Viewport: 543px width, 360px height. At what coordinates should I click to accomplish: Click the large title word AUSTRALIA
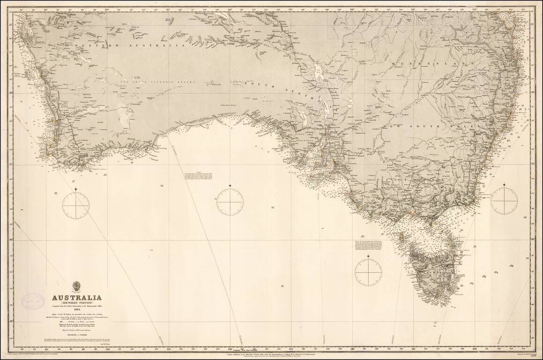[x=76, y=298]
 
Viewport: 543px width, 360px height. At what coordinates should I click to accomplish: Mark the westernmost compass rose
[x=75, y=205]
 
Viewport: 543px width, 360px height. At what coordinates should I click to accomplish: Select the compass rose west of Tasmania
[x=368, y=272]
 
